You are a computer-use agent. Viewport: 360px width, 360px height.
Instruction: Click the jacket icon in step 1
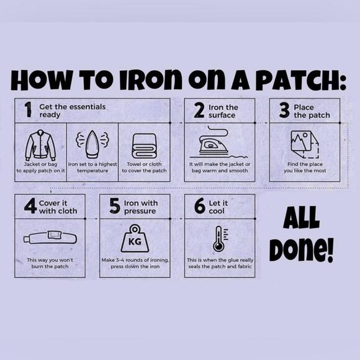(x=40, y=145)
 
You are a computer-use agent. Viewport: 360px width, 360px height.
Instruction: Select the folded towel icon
(x=144, y=146)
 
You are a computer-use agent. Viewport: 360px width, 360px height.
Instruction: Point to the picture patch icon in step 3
(x=304, y=145)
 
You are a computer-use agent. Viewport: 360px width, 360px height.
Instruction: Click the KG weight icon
(x=135, y=238)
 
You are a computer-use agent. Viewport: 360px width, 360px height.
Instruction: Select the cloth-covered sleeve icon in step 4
(x=50, y=238)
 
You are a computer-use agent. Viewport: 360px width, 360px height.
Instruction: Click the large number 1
(x=28, y=110)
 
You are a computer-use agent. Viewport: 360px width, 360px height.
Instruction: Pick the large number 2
(x=199, y=110)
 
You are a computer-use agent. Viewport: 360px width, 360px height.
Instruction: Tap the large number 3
(x=284, y=110)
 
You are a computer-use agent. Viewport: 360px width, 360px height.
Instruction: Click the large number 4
(x=30, y=205)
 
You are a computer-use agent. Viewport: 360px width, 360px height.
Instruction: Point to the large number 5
(x=115, y=206)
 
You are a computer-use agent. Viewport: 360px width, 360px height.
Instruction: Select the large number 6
(x=199, y=205)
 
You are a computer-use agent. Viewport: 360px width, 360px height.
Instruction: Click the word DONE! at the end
(x=302, y=250)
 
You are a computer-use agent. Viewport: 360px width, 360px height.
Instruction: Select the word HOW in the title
(x=42, y=79)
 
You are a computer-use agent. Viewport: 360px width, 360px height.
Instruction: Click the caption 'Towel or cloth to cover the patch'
(x=144, y=168)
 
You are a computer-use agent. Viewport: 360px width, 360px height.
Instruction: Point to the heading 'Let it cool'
(x=218, y=207)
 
